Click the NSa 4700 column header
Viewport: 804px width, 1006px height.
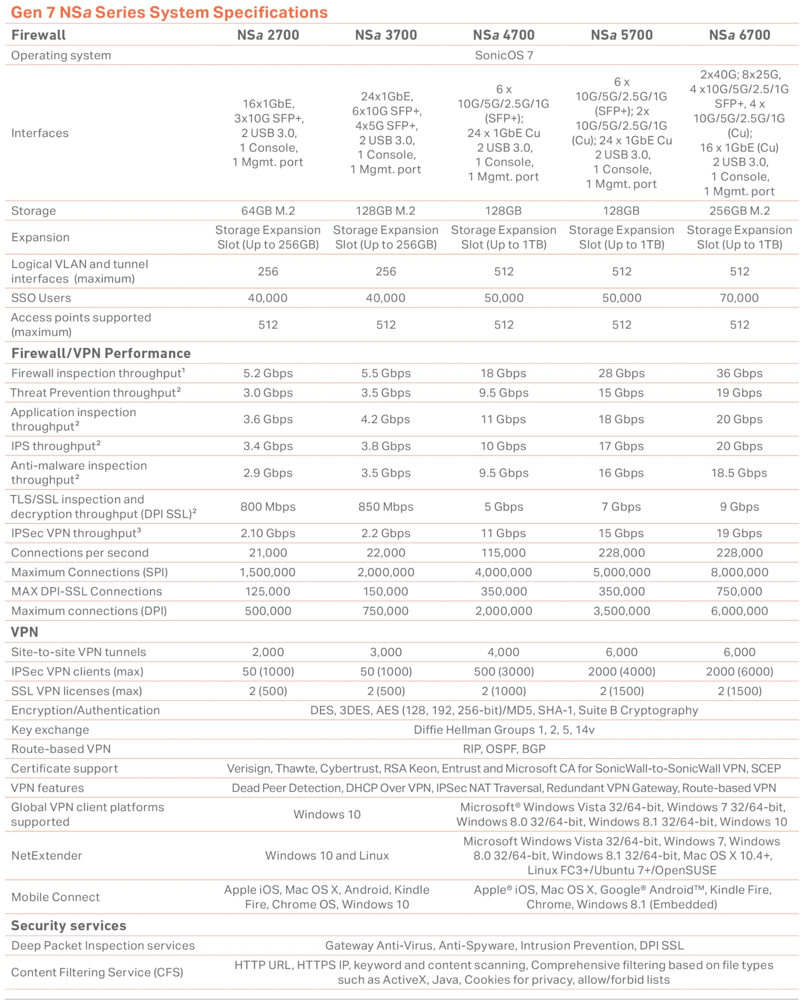503,35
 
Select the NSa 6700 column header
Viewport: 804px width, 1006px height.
739,35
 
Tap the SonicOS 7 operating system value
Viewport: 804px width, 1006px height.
503,55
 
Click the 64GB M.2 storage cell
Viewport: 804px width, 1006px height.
268,211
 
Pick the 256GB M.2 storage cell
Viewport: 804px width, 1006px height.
739,211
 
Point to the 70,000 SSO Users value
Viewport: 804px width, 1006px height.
739,298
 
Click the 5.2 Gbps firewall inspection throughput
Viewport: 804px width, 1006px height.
268,373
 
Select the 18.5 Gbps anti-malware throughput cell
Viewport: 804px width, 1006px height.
739,473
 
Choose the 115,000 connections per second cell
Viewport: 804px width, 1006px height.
503,553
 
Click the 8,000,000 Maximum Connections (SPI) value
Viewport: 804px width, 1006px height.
739,572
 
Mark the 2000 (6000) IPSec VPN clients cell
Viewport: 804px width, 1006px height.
739,672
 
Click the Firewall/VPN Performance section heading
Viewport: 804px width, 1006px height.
101,353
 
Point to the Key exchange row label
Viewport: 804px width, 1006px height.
50,730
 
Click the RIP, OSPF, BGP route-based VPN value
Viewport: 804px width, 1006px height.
504,749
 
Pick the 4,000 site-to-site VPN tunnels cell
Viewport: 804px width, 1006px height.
503,652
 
